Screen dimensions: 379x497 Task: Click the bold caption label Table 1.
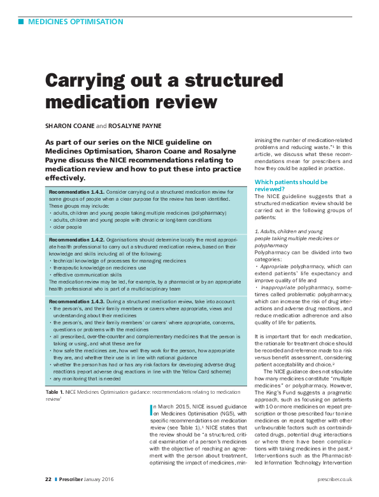(54, 391)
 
